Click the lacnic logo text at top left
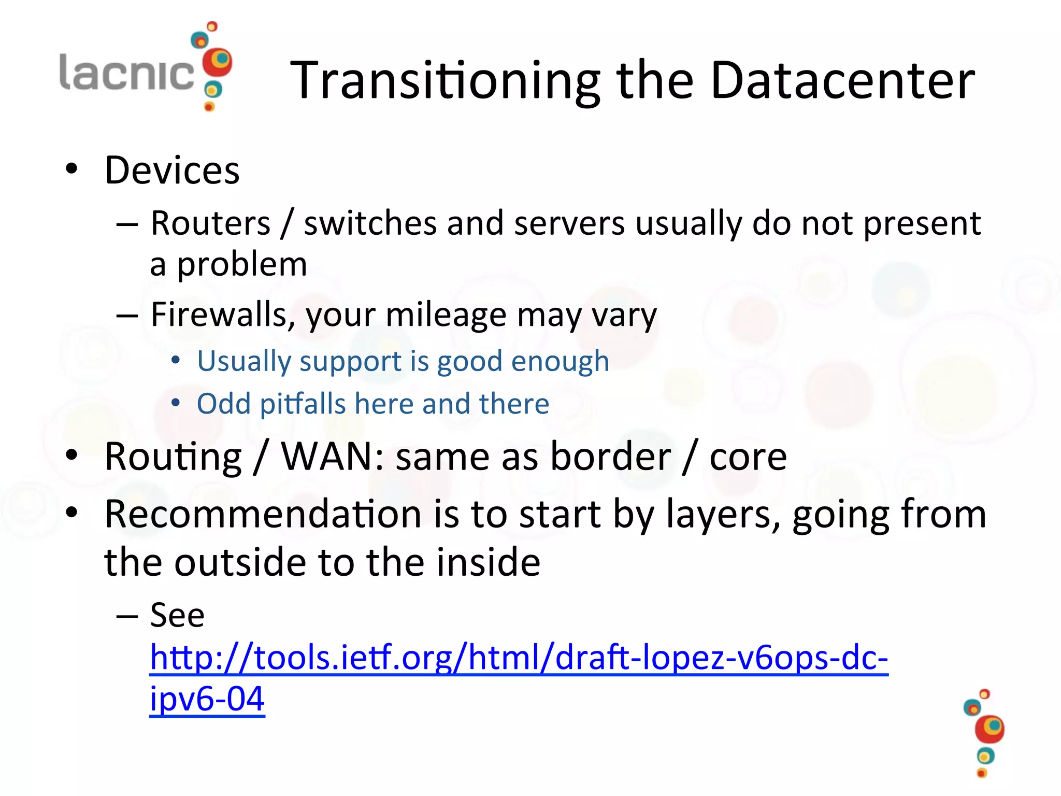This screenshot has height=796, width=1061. pos(127,73)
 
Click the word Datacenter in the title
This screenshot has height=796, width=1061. pos(842,80)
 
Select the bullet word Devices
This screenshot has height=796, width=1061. pos(172,170)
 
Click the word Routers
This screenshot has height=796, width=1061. pos(210,223)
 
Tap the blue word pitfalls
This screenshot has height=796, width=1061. pos(303,404)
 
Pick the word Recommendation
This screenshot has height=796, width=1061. pos(263,514)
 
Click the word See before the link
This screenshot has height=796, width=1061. pos(177,616)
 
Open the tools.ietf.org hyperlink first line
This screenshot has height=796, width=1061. pos(518,658)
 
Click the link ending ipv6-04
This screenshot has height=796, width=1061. pos(207,700)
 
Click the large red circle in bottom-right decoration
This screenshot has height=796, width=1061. pos(989,729)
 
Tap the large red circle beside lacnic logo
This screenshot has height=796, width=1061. pos(217,62)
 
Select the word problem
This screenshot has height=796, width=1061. pos(242,265)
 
